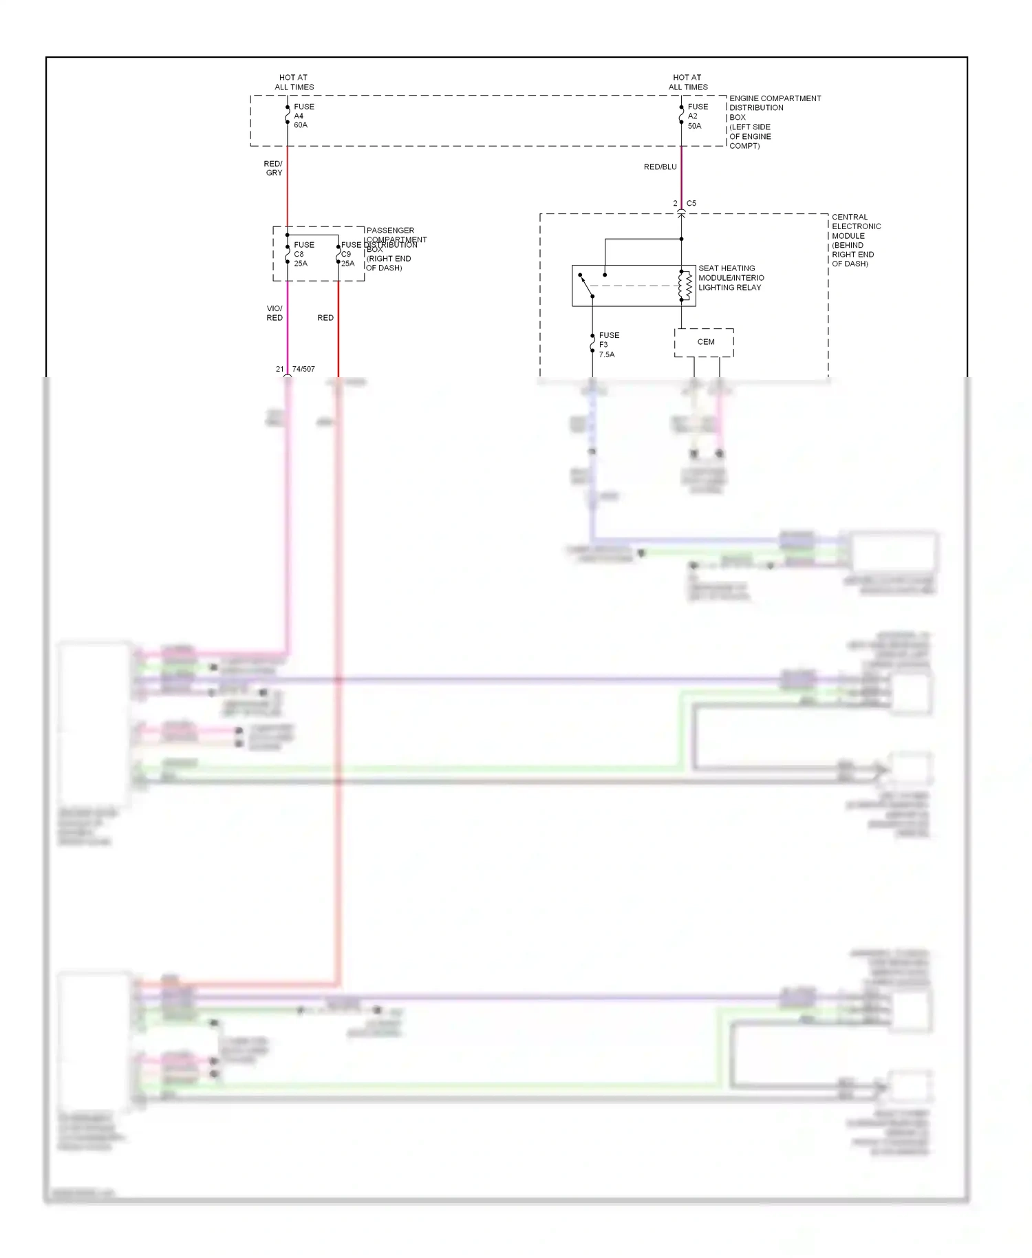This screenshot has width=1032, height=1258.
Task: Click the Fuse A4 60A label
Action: (x=303, y=116)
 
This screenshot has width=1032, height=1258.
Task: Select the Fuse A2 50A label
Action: (x=697, y=116)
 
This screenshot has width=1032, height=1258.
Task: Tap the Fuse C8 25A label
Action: (x=303, y=254)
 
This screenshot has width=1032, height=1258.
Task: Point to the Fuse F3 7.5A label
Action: (x=608, y=345)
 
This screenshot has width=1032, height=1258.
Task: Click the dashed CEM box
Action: (x=705, y=342)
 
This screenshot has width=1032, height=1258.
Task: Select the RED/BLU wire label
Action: (x=660, y=167)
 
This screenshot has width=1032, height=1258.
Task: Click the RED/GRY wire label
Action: (x=273, y=168)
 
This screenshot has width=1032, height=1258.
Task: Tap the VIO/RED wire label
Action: (x=275, y=313)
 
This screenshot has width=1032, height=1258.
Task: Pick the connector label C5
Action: (x=691, y=203)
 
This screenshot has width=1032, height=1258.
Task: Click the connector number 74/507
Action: (x=303, y=369)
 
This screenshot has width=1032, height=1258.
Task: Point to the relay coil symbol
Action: (x=685, y=286)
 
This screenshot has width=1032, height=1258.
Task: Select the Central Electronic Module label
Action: (x=855, y=240)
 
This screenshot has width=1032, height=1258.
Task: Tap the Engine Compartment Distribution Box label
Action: (x=774, y=122)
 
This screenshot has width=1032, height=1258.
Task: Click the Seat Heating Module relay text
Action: (x=731, y=278)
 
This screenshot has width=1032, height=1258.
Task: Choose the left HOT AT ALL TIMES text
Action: (x=294, y=82)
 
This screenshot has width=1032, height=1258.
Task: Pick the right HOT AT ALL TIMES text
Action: (x=688, y=82)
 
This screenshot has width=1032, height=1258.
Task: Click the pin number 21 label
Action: (x=279, y=369)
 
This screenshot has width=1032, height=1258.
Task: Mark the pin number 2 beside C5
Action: (x=675, y=203)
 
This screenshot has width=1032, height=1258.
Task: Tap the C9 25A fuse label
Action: (x=347, y=259)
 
